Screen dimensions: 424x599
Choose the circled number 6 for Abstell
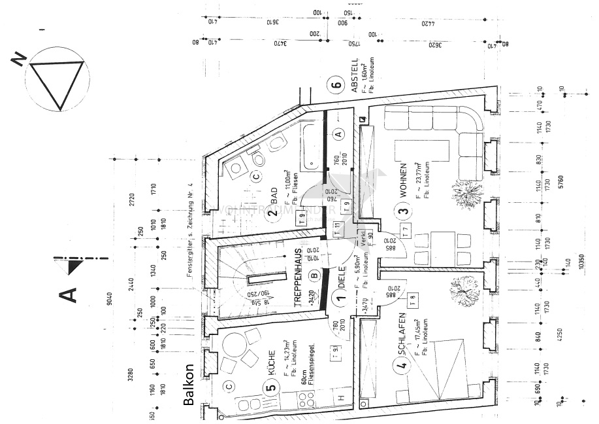coord(337,85)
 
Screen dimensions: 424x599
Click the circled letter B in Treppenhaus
coord(315,276)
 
